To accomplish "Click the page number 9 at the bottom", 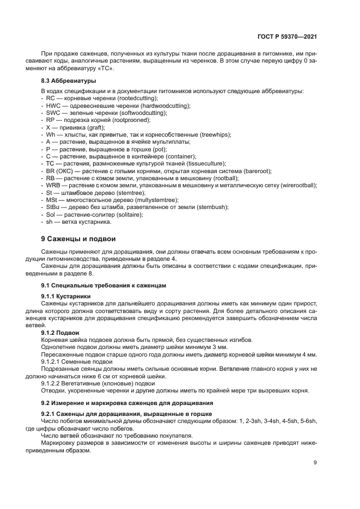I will [x=315, y=463].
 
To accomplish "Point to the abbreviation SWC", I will [x=53, y=112].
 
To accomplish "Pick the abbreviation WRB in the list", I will [x=53, y=186].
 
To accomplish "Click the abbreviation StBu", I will [x=53, y=207].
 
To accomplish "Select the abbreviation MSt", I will [x=52, y=200].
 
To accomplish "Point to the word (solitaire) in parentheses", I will [x=129, y=214].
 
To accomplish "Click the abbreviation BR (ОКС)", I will [x=58, y=171].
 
